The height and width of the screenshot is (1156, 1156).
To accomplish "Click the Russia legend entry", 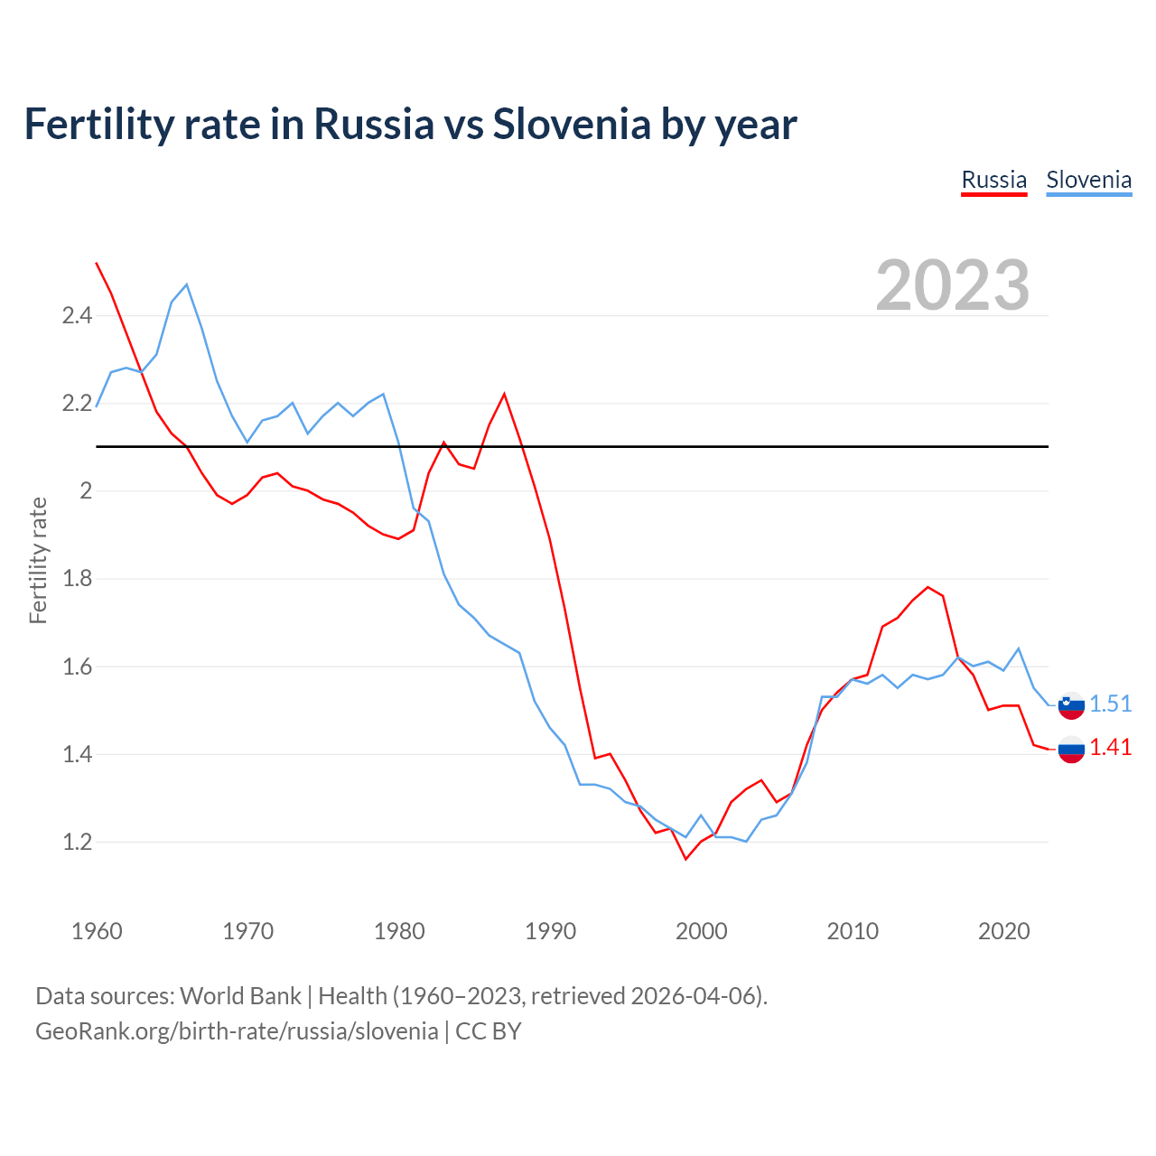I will [x=993, y=180].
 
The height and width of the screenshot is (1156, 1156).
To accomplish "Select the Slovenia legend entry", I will [x=1088, y=180].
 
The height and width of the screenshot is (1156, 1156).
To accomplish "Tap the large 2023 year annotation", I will [x=953, y=285].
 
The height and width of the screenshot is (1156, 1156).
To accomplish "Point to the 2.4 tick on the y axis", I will [x=77, y=316].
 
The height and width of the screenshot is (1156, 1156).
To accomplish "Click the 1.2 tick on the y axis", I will [x=77, y=843].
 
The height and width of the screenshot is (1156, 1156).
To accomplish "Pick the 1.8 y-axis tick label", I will [x=77, y=579].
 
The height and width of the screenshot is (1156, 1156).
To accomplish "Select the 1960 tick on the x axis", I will [x=97, y=931].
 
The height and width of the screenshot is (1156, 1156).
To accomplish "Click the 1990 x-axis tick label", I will [x=550, y=931].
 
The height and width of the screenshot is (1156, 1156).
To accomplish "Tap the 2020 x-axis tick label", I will [x=1003, y=931].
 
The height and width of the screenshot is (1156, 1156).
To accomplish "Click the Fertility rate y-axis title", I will [x=38, y=560].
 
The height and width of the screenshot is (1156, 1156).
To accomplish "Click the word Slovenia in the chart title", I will [x=571, y=124].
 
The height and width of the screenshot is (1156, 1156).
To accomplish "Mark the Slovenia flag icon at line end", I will [x=1071, y=704].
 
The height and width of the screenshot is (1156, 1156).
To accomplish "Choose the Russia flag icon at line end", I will [x=1071, y=748].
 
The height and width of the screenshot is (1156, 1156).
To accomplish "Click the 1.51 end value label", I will [x=1110, y=704].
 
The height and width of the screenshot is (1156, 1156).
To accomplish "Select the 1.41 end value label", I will [x=1110, y=747].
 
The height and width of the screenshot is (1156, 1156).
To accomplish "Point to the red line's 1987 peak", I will [x=504, y=394].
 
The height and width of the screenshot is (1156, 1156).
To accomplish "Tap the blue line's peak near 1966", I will [x=187, y=284].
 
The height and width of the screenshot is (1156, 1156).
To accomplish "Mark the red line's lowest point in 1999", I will [x=685, y=859].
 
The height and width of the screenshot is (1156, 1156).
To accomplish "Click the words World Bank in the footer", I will [x=240, y=996].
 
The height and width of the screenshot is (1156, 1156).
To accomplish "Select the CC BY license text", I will [x=488, y=1031].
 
